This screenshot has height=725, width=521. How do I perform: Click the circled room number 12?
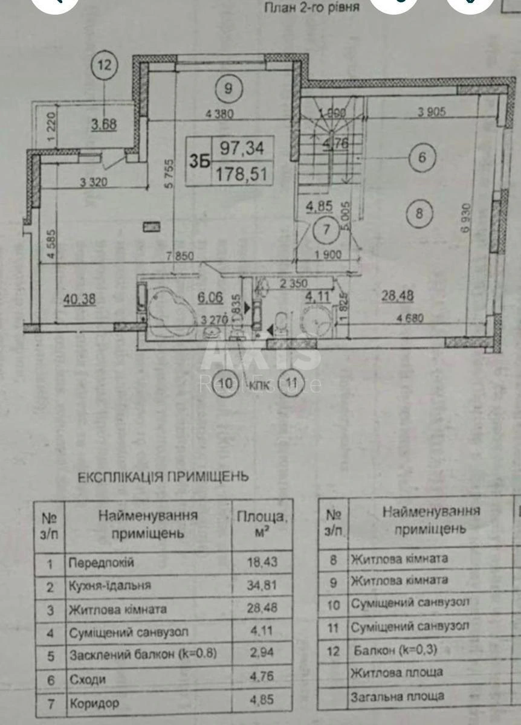[105, 65]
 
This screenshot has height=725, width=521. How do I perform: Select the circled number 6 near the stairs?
[422, 158]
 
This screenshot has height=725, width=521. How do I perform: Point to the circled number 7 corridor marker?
[326, 229]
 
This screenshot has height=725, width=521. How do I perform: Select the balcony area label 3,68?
[104, 125]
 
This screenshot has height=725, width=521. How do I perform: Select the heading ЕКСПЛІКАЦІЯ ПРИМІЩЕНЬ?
[162, 477]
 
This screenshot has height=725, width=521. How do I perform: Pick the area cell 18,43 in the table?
[262, 563]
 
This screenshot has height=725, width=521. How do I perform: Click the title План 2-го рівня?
[312, 8]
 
